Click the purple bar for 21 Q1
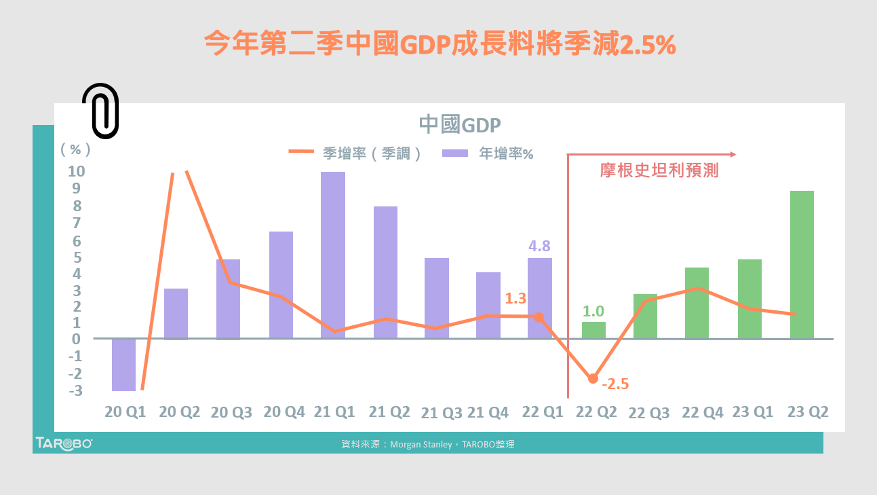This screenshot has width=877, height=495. pos(333,255)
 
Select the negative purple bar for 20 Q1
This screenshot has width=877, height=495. pos(123,365)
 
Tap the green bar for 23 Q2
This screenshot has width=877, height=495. pos(802,265)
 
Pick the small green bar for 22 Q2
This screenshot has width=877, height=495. pos(593,330)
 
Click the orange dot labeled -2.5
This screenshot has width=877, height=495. pos(593,378)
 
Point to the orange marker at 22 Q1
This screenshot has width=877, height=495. pos(539,317)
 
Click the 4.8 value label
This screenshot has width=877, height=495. pos(539,246)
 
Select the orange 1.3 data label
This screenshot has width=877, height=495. pos(515,298)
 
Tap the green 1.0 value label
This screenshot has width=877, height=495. pos(593,312)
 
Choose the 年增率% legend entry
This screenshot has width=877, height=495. pos(488,153)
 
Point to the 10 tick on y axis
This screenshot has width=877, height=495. pos(76,171)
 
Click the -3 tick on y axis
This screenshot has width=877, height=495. pos(76,391)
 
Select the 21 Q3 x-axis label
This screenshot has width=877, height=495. pos(442,413)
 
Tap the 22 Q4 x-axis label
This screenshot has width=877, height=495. pos(702,412)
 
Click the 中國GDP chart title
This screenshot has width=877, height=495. pos(459,125)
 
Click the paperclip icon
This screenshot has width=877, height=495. pos(100,111)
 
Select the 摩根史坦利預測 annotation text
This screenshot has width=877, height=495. pos(659,170)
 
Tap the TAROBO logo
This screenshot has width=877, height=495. pos(64,443)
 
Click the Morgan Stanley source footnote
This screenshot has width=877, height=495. pos(428,444)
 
